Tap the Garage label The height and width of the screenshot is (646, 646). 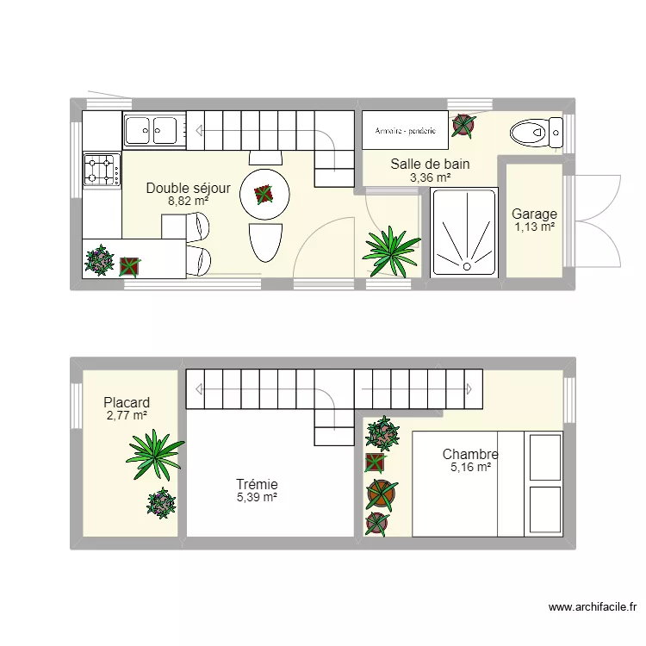pos(534,214)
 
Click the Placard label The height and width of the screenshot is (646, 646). pos(127,402)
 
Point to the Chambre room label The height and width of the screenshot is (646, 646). pos(470,454)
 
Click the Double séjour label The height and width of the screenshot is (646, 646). pos(188,188)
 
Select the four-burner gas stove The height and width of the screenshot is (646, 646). pos(102,170)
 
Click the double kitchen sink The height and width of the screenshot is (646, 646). pos(151,131)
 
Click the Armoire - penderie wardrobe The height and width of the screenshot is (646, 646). pos(405,132)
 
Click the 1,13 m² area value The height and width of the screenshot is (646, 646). pos(534,227)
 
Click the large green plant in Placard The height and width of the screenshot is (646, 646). pos(155,448)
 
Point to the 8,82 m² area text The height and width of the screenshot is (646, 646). pos(188,201)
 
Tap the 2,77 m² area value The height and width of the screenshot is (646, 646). pos(127,415)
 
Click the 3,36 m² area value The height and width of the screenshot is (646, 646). pos(431,177)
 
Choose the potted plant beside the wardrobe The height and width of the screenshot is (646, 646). pos(463,126)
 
